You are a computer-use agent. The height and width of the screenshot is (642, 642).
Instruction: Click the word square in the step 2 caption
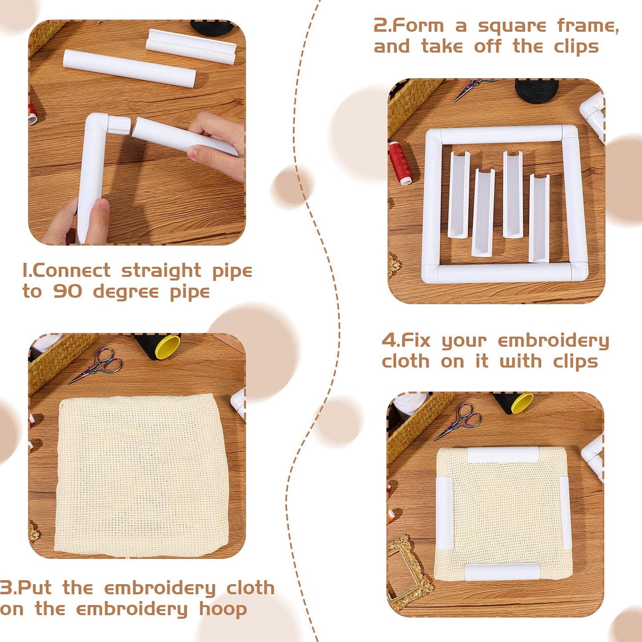512,27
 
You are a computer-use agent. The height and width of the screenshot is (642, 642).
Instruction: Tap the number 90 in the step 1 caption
68,291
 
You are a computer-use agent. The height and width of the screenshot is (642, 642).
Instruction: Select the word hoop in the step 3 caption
223,610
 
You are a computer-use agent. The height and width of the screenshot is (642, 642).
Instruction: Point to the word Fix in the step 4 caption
415,341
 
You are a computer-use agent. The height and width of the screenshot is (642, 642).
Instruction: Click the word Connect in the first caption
71,271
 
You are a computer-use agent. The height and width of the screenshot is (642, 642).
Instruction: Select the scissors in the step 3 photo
98,365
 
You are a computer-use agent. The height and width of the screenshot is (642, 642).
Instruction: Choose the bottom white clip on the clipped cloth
502,572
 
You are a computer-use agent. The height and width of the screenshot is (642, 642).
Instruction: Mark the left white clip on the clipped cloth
443,513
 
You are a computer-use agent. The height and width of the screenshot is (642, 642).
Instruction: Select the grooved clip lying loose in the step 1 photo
191,46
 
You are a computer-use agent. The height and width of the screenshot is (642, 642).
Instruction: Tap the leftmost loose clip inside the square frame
459,194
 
